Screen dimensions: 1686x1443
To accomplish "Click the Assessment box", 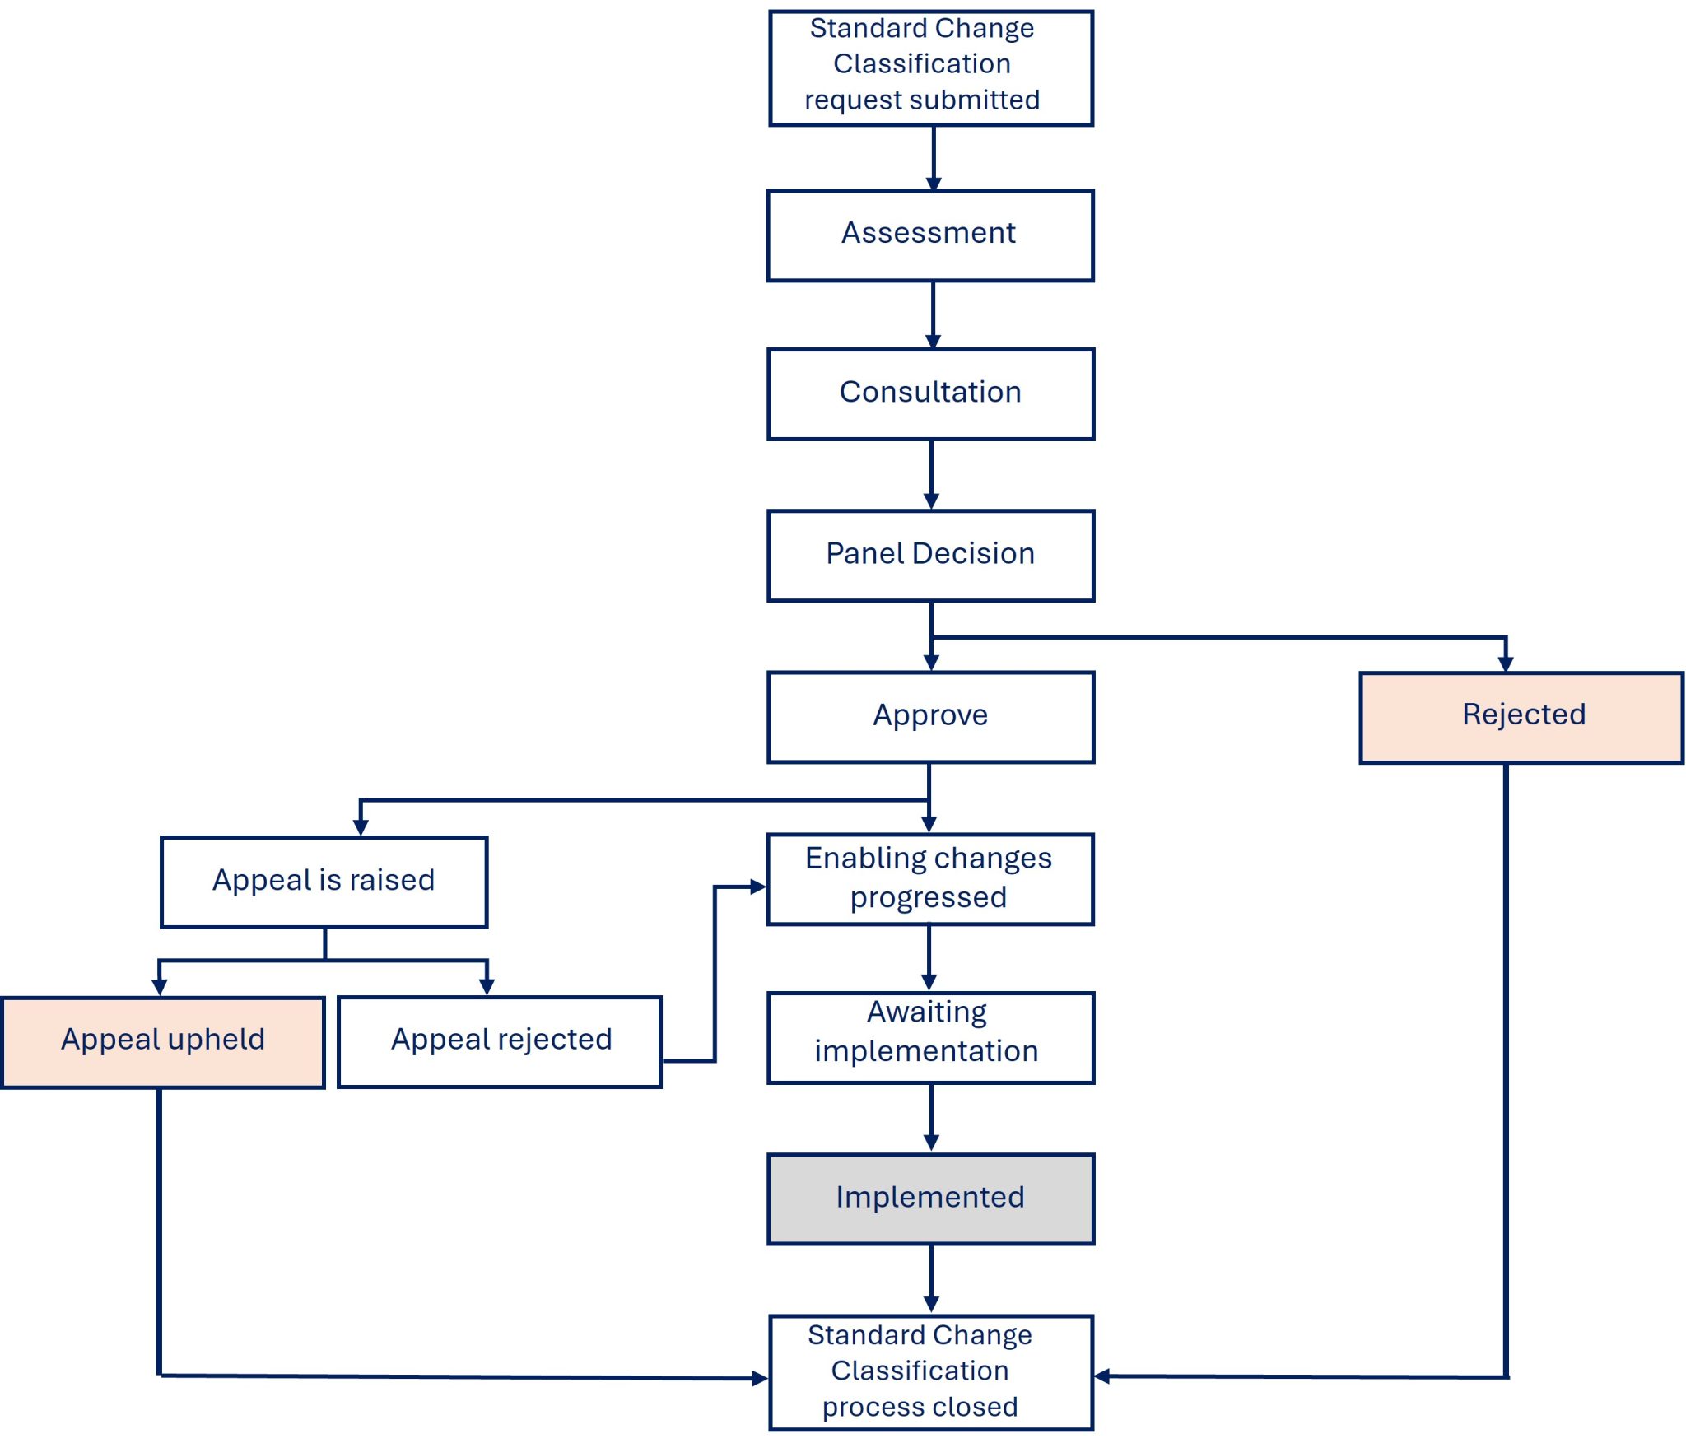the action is click(930, 236).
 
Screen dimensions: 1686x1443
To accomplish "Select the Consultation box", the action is click(931, 394).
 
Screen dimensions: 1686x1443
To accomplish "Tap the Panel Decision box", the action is click(931, 556).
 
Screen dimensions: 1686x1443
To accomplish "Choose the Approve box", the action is click(931, 717).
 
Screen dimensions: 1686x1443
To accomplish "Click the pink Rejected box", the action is click(1522, 718).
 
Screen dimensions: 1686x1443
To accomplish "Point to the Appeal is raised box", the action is click(324, 882).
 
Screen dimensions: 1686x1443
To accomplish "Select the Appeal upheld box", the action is click(163, 1042).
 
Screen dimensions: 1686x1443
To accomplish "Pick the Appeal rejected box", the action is click(500, 1042).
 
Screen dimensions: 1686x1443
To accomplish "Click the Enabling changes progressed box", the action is click(930, 879).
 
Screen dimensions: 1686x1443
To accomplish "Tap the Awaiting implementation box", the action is click(931, 1037).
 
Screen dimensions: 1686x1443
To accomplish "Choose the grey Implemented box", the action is click(931, 1199).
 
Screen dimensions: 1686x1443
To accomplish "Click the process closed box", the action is click(931, 1372).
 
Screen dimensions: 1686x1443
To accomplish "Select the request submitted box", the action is click(931, 68).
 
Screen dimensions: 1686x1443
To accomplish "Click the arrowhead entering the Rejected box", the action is click(1506, 664).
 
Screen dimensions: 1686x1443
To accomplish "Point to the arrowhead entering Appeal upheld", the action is click(160, 988).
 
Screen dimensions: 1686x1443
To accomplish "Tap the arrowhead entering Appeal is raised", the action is click(361, 828).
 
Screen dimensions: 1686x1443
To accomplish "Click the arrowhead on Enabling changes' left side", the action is click(758, 887).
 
